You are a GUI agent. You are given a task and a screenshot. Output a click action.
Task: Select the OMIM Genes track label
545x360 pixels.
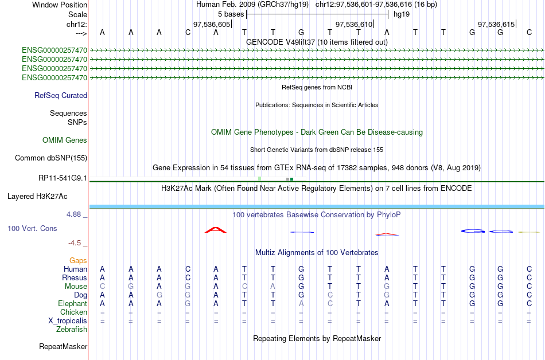(65, 140)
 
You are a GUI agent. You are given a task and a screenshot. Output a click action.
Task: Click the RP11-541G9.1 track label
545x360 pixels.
(63, 178)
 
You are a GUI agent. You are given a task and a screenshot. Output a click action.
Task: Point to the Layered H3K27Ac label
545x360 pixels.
(37, 197)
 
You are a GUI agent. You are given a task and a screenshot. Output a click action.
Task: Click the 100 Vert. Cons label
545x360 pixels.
(32, 229)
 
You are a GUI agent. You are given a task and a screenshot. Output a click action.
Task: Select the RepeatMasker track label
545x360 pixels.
(63, 347)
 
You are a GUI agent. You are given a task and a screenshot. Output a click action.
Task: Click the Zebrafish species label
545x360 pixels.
(72, 330)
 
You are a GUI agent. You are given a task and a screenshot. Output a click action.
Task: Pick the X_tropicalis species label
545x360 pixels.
(68, 321)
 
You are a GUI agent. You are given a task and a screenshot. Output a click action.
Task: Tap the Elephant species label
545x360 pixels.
(72, 304)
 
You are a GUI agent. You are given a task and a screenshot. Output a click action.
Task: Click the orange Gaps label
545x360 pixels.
(78, 261)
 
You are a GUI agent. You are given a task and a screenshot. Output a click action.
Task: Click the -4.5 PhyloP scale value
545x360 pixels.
(76, 243)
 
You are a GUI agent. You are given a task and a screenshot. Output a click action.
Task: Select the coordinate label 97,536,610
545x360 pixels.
(354, 25)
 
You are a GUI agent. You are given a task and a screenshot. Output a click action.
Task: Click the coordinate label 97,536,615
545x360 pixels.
(496, 25)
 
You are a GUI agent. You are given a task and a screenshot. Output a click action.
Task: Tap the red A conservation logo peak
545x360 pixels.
(216, 230)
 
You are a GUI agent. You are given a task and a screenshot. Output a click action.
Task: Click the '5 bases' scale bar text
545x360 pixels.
(231, 14)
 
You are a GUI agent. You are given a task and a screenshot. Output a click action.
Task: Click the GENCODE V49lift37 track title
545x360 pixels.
(317, 42)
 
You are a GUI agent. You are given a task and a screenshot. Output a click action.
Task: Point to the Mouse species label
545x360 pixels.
(76, 287)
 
